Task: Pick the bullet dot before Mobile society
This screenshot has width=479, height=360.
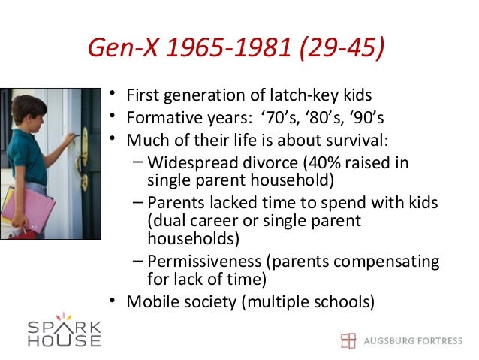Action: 112,302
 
